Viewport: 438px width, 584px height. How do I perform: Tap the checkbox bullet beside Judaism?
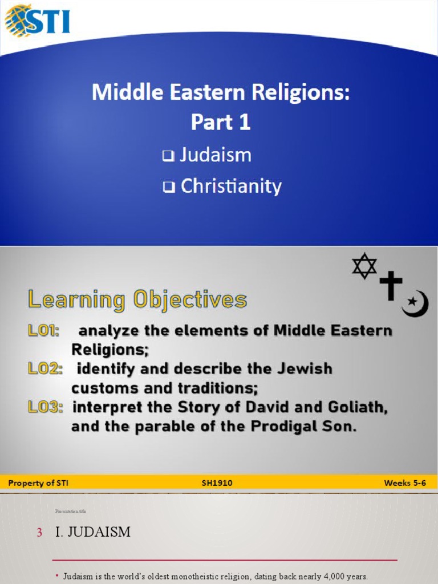pos(168,156)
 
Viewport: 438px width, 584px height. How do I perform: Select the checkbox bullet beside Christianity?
pos(168,188)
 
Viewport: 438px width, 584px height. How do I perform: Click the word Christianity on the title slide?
pos(230,186)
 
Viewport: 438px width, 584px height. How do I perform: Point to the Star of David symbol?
pos(364,266)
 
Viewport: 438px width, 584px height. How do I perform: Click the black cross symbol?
pos(391,285)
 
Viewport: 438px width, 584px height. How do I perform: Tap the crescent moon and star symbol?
pos(415,303)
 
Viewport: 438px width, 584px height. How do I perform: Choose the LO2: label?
pos(45,369)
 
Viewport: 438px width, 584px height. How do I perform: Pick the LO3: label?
pos(46,407)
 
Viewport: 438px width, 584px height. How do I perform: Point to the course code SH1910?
pos(217,483)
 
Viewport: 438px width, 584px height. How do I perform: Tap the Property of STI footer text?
pos(39,483)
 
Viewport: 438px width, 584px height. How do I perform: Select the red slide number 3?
pos(39,533)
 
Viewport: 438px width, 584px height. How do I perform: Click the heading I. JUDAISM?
pos(92,532)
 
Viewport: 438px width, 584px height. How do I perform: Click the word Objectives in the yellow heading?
pos(188,300)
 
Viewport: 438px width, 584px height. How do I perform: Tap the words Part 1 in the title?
pos(221,123)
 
